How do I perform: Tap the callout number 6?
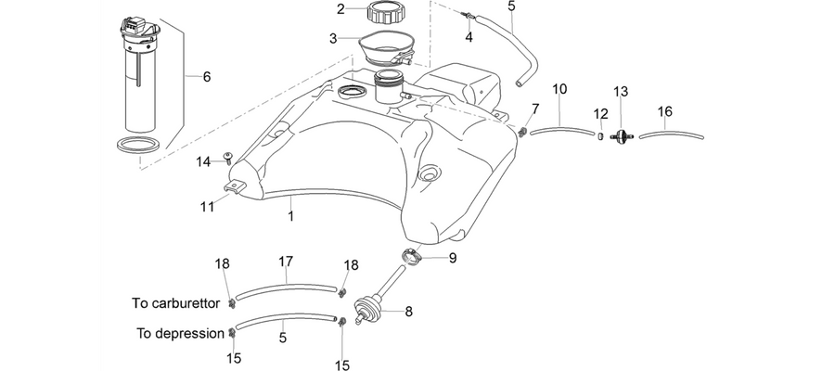tap(207, 77)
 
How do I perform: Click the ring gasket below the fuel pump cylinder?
tap(138, 145)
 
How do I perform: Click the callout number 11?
tap(207, 206)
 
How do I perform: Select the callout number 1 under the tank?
tap(290, 217)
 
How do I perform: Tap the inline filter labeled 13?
tap(621, 135)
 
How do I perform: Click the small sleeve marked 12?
tap(600, 136)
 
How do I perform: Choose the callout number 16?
tap(665, 112)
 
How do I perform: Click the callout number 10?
tap(559, 89)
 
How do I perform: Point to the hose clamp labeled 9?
tap(412, 257)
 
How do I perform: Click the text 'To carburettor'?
tap(175, 303)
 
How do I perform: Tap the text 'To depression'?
tap(181, 334)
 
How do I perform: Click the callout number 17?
tap(286, 262)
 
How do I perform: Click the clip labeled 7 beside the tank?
tap(523, 131)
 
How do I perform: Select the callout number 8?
tap(408, 312)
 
